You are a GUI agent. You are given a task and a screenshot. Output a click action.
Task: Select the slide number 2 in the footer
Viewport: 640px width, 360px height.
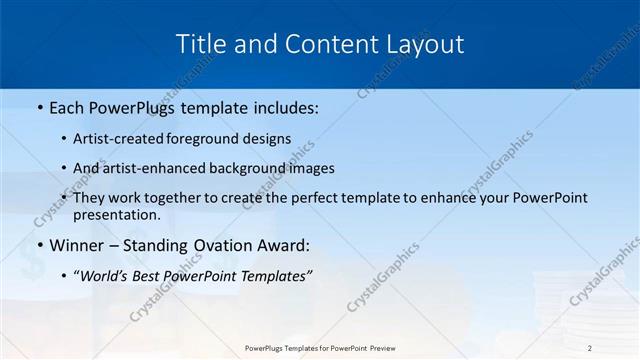590,348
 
